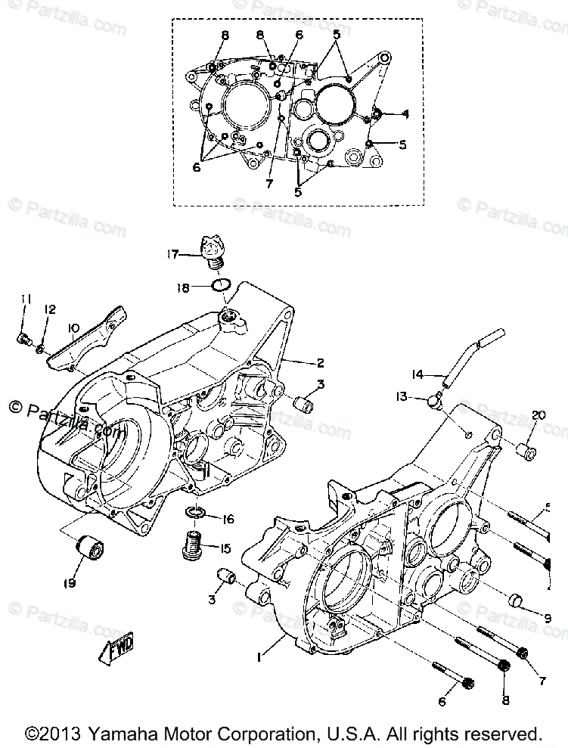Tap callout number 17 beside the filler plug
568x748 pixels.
point(173,255)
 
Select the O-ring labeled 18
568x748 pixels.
point(220,286)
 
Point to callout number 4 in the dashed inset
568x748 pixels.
point(406,113)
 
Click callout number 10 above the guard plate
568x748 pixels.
point(73,327)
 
